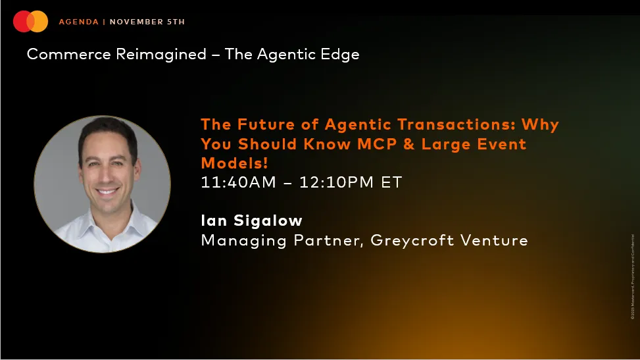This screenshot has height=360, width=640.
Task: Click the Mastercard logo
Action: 30,22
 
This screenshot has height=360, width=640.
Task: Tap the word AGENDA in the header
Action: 78,22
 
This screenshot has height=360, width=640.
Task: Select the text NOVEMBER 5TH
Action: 147,22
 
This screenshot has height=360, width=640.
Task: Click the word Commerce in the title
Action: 69,54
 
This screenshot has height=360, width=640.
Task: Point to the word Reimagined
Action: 161,54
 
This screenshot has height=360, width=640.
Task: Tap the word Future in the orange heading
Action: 263,124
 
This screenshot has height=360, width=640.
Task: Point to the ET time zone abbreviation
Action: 391,182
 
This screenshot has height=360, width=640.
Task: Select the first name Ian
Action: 213,220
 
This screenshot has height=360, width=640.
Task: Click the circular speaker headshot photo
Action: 103,184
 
